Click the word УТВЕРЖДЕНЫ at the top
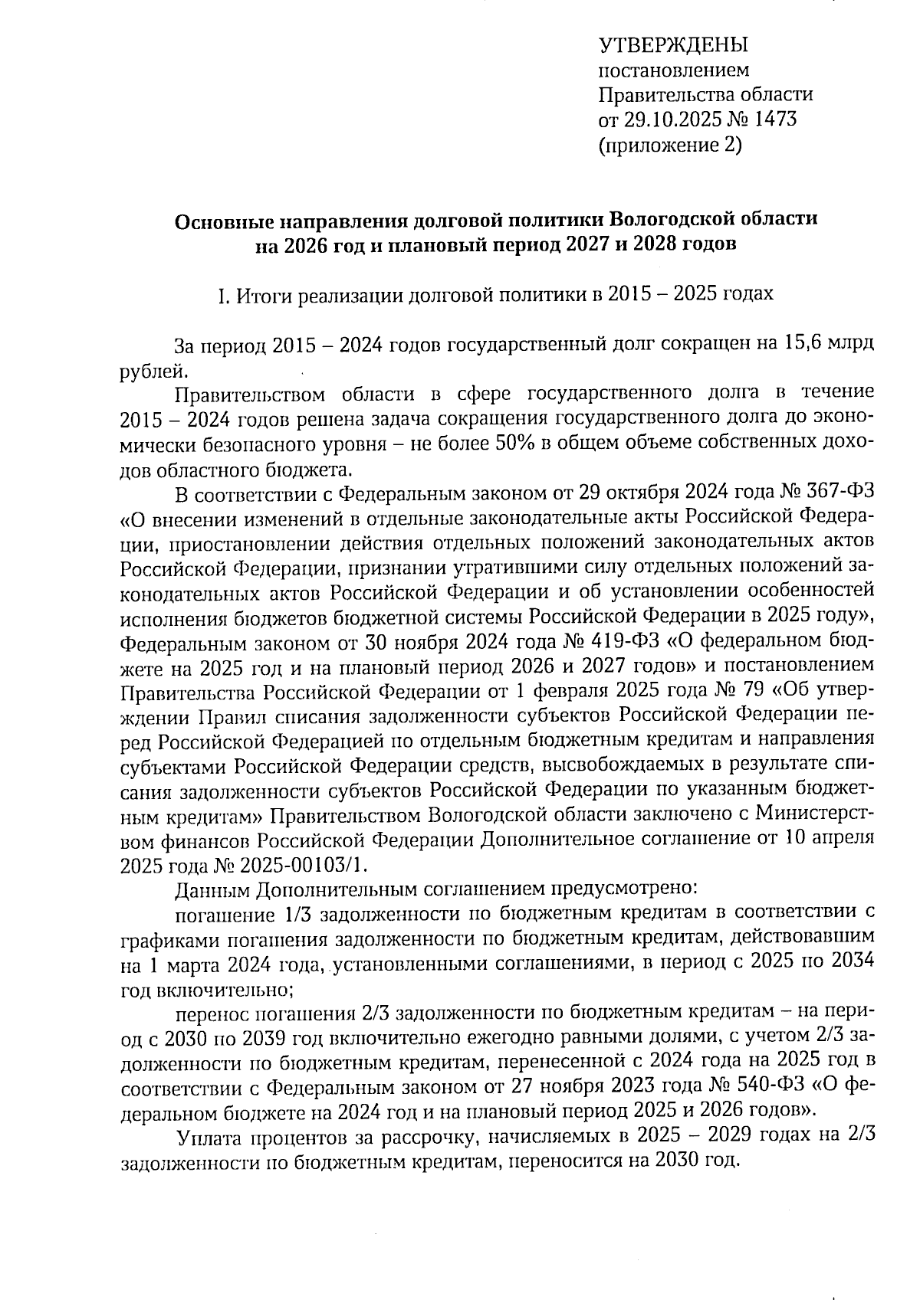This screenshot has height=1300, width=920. point(672,45)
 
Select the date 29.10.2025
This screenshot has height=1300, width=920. point(668,120)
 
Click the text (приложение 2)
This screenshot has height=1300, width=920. point(669,145)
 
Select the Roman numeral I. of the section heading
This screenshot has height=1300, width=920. point(223,294)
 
